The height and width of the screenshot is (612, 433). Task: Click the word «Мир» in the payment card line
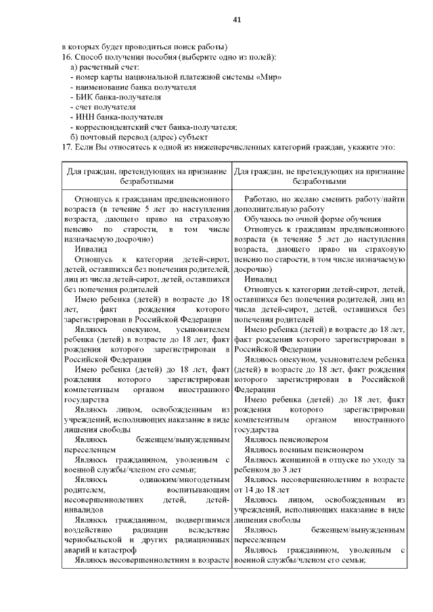269,76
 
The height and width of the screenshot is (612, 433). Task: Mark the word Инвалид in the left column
91,249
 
